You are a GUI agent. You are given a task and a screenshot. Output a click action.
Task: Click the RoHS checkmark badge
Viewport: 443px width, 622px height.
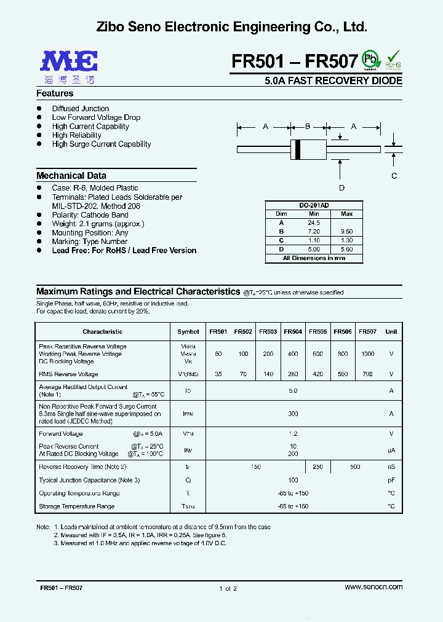pos(393,59)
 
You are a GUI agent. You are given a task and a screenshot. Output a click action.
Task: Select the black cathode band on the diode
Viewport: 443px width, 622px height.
pos(298,149)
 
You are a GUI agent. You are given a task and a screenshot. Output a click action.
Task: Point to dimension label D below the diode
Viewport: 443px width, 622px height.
pos(341,188)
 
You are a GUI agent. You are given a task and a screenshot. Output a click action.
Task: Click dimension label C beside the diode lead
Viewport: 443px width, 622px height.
pos(394,176)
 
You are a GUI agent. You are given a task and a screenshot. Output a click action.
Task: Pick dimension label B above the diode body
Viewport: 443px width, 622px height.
pos(308,127)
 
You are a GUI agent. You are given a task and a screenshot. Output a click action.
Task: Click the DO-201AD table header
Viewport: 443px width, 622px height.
pos(313,205)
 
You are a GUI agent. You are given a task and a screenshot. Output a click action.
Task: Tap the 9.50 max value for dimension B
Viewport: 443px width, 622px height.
pos(346,232)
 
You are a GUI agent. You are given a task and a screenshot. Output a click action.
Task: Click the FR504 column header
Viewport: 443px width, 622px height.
pos(293,332)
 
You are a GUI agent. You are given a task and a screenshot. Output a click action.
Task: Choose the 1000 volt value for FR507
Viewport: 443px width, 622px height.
pos(367,354)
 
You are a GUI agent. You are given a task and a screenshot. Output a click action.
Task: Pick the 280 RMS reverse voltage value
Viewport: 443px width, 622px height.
pos(293,374)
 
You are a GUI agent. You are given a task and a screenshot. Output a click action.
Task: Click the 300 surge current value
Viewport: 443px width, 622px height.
pos(293,414)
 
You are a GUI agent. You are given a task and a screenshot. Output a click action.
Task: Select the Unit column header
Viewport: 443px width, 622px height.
pos(391,332)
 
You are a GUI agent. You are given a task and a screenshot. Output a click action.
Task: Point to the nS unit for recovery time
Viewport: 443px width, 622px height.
pos(391,467)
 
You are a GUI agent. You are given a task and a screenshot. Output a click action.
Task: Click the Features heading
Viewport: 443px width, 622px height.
pos(55,93)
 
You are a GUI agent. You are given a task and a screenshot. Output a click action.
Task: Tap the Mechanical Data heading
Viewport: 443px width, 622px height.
pos(71,176)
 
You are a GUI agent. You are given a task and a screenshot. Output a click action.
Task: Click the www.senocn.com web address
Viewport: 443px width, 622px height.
pos(373,587)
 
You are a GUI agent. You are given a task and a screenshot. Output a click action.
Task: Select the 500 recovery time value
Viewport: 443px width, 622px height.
pos(355,467)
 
